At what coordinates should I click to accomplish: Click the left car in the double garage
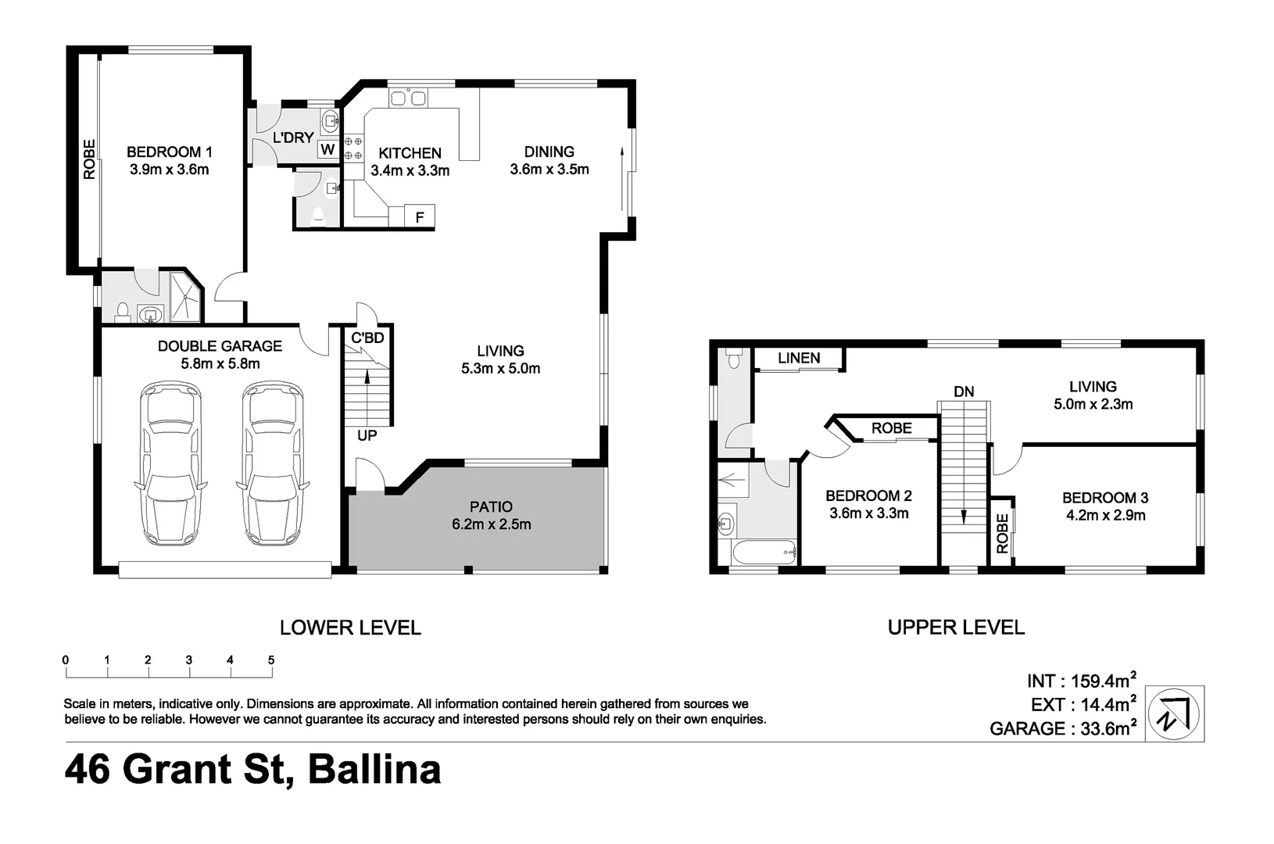click(x=170, y=463)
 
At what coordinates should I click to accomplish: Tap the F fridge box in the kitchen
click(x=420, y=217)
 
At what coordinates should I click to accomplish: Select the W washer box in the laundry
click(x=327, y=149)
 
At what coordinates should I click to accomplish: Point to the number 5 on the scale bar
click(x=271, y=660)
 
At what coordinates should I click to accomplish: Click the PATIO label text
click(x=491, y=507)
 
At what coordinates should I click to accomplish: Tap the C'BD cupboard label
click(x=367, y=338)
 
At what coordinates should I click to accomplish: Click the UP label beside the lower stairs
click(x=367, y=435)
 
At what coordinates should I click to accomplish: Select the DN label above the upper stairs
click(x=964, y=391)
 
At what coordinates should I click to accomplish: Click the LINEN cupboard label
click(x=799, y=358)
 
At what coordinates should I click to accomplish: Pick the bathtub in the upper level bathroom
click(x=764, y=553)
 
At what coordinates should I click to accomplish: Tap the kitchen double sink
click(x=409, y=98)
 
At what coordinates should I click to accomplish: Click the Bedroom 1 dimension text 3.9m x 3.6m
click(x=170, y=169)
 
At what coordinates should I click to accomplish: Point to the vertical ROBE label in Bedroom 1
click(x=89, y=159)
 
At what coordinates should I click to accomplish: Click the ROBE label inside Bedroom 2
click(x=891, y=428)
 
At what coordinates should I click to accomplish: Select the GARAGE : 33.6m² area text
click(x=1062, y=728)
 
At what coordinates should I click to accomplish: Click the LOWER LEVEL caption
click(x=350, y=627)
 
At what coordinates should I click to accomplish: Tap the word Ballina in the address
click(x=374, y=769)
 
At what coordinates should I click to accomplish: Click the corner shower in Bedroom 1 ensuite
click(x=185, y=299)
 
